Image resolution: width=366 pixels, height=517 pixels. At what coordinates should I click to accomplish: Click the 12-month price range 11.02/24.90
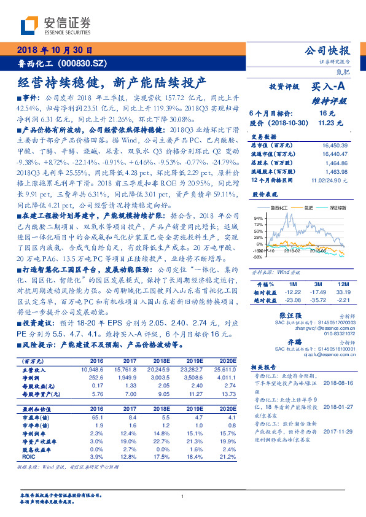[x=331, y=180]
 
